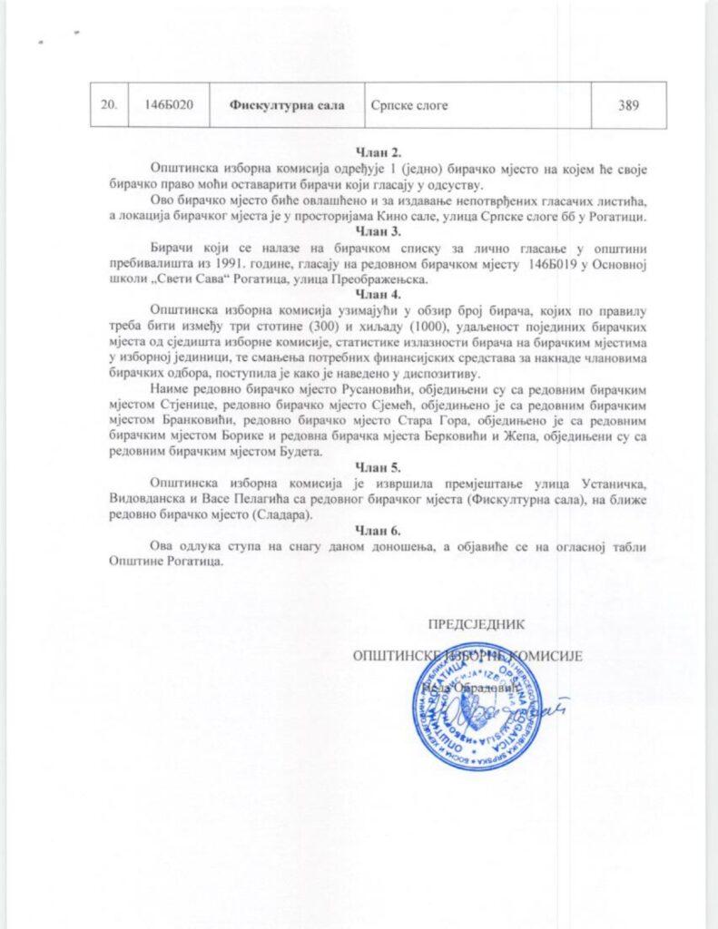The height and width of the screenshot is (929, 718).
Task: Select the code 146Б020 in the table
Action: pyautogui.click(x=170, y=106)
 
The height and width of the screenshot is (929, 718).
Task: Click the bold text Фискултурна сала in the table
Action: pyautogui.click(x=285, y=106)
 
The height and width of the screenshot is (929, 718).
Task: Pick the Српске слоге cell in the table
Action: pyautogui.click(x=408, y=106)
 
